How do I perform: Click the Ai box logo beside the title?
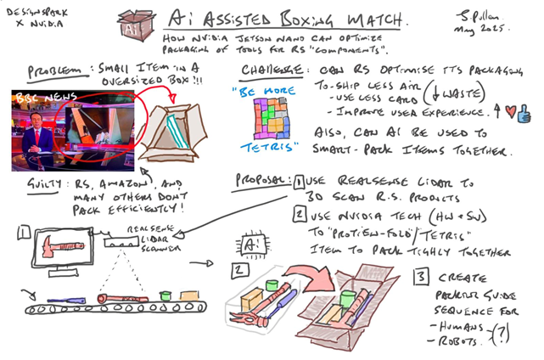pyautogui.click(x=137, y=25)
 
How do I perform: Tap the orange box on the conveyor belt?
pyautogui.click(x=189, y=295)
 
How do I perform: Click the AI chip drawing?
pyautogui.click(x=251, y=244)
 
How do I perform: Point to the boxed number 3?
pyautogui.click(x=422, y=277)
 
